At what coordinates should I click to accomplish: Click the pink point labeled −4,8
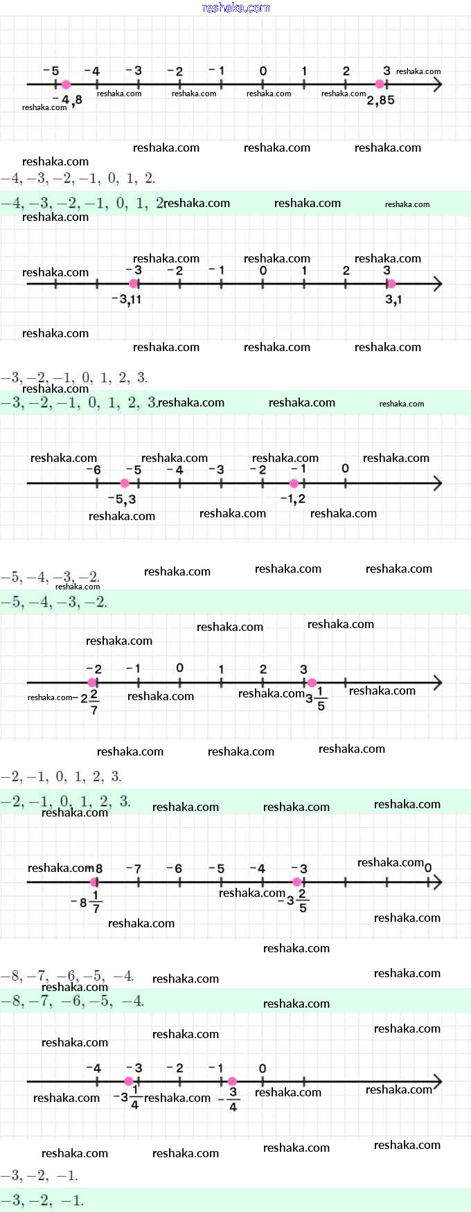click(66, 84)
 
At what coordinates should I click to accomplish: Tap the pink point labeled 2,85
click(380, 84)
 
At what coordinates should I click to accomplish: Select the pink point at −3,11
click(134, 283)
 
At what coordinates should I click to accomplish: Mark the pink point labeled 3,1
click(391, 283)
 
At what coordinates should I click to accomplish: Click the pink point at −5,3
click(125, 483)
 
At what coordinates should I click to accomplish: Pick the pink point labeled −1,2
click(294, 483)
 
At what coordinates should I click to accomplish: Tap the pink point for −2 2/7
click(93, 683)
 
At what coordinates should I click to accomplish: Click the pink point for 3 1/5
click(312, 683)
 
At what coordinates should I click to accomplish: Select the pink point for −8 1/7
click(94, 882)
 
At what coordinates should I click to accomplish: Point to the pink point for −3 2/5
click(297, 882)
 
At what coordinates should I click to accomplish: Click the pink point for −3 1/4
click(129, 1081)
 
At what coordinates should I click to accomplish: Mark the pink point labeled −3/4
click(232, 1081)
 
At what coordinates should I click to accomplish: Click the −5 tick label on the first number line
click(51, 71)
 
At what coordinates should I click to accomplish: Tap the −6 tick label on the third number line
click(93, 470)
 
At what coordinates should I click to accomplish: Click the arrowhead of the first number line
click(437, 84)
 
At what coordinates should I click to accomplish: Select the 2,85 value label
click(381, 100)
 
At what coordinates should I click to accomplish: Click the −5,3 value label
click(122, 499)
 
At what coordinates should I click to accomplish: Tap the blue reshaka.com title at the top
click(235, 8)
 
